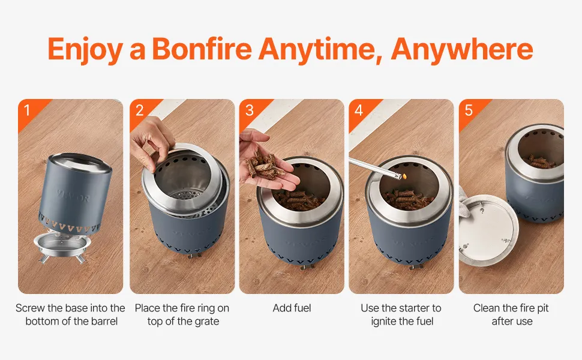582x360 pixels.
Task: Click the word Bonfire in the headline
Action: pos(202,48)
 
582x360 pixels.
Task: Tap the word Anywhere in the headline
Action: pos(462,49)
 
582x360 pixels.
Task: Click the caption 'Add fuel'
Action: pos(292,308)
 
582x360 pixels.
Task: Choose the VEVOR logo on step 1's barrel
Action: pos(73,196)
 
